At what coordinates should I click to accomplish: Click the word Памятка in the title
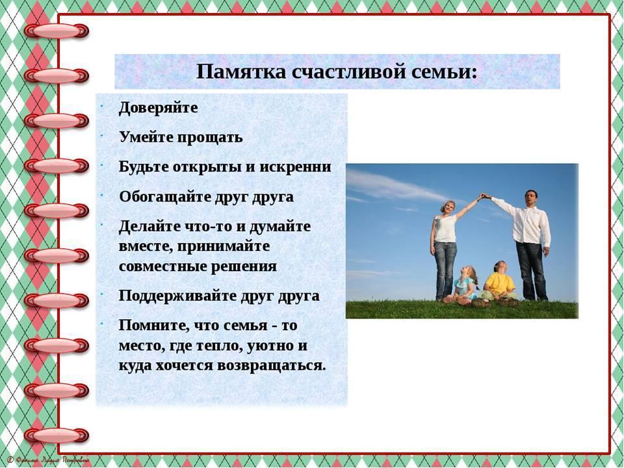(241, 72)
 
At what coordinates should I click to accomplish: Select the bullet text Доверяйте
(159, 109)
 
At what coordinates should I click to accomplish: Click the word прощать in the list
(210, 138)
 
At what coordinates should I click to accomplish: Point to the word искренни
(295, 166)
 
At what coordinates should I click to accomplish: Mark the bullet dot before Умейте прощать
(101, 136)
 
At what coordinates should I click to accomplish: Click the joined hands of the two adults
(483, 196)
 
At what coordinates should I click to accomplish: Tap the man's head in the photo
(531, 198)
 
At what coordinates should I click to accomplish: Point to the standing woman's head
(447, 207)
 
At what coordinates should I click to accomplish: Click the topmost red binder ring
(57, 31)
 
